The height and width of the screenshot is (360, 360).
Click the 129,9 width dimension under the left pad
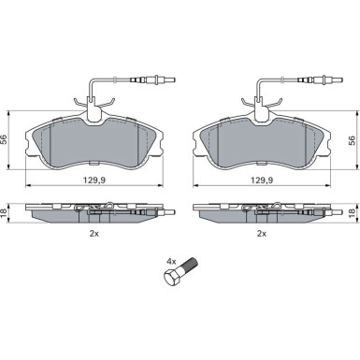[94, 180]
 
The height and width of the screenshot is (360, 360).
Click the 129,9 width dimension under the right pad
[262, 180]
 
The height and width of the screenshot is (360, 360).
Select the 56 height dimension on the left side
[4, 139]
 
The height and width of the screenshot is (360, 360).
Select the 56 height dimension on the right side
[352, 139]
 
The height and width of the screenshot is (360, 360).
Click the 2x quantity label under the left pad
[94, 234]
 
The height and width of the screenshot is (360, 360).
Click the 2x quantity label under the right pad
[262, 234]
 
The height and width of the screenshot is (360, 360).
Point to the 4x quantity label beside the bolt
[172, 260]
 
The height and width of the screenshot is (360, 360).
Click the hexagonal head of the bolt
[171, 277]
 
